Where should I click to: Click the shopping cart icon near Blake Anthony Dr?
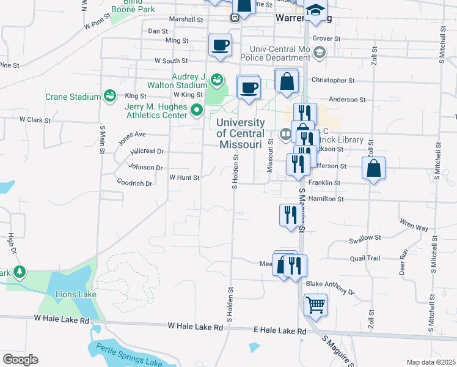[315, 304]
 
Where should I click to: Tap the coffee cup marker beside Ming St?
[220, 44]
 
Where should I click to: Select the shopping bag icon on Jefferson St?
[373, 168]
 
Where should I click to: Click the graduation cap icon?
[315, 10]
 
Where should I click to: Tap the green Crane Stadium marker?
[109, 95]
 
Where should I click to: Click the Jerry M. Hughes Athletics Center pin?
[196, 111]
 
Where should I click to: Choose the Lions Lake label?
[78, 294]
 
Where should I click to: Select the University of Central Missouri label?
[241, 133]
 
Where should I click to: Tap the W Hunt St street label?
[184, 178]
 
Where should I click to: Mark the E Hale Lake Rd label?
[279, 330]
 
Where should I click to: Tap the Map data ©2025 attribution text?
[431, 362]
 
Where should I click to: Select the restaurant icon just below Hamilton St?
[289, 215]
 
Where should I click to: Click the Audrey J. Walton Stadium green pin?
[216, 79]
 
